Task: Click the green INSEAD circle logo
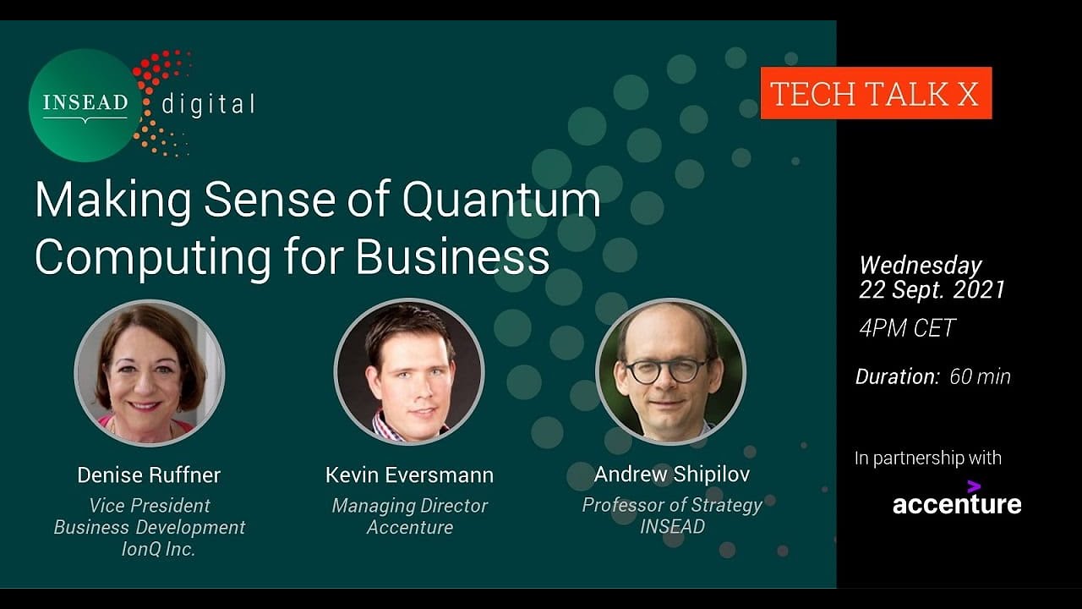[85, 106]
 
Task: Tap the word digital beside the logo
[208, 104]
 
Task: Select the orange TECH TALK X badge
[877, 93]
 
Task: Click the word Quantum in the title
[501, 199]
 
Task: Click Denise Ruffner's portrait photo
[150, 372]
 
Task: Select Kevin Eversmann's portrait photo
[409, 371]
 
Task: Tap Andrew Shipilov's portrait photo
[671, 371]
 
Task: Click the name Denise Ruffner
[149, 475]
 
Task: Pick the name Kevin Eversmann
[410, 475]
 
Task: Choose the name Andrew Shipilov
[672, 475]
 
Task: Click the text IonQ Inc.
[158, 549]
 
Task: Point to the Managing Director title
[410, 506]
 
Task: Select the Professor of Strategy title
[672, 505]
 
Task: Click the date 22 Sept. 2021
[932, 289]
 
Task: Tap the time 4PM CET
[907, 328]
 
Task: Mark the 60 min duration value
[980, 376]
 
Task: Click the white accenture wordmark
[957, 503]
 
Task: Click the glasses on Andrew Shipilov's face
[668, 370]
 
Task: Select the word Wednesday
[921, 265]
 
